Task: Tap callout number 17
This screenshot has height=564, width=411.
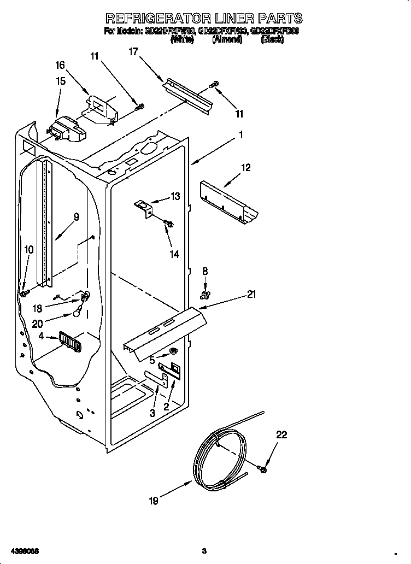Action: pyautogui.click(x=133, y=52)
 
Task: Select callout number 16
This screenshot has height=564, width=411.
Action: pyautogui.click(x=60, y=66)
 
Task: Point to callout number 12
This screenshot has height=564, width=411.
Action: pyautogui.click(x=245, y=168)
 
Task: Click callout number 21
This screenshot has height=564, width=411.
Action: pyautogui.click(x=251, y=295)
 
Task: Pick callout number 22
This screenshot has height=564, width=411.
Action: pyautogui.click(x=281, y=435)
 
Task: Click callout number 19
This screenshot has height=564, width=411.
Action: pyautogui.click(x=154, y=501)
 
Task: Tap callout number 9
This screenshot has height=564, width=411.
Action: pyautogui.click(x=76, y=217)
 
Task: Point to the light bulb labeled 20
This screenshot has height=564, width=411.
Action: pyautogui.click(x=79, y=314)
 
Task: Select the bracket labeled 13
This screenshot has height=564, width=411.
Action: pyautogui.click(x=144, y=208)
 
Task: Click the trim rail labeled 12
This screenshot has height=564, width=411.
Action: pyautogui.click(x=228, y=203)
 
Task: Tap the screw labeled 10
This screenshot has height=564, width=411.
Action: pyautogui.click(x=25, y=294)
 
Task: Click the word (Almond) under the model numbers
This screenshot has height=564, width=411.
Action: pyautogui.click(x=227, y=39)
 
